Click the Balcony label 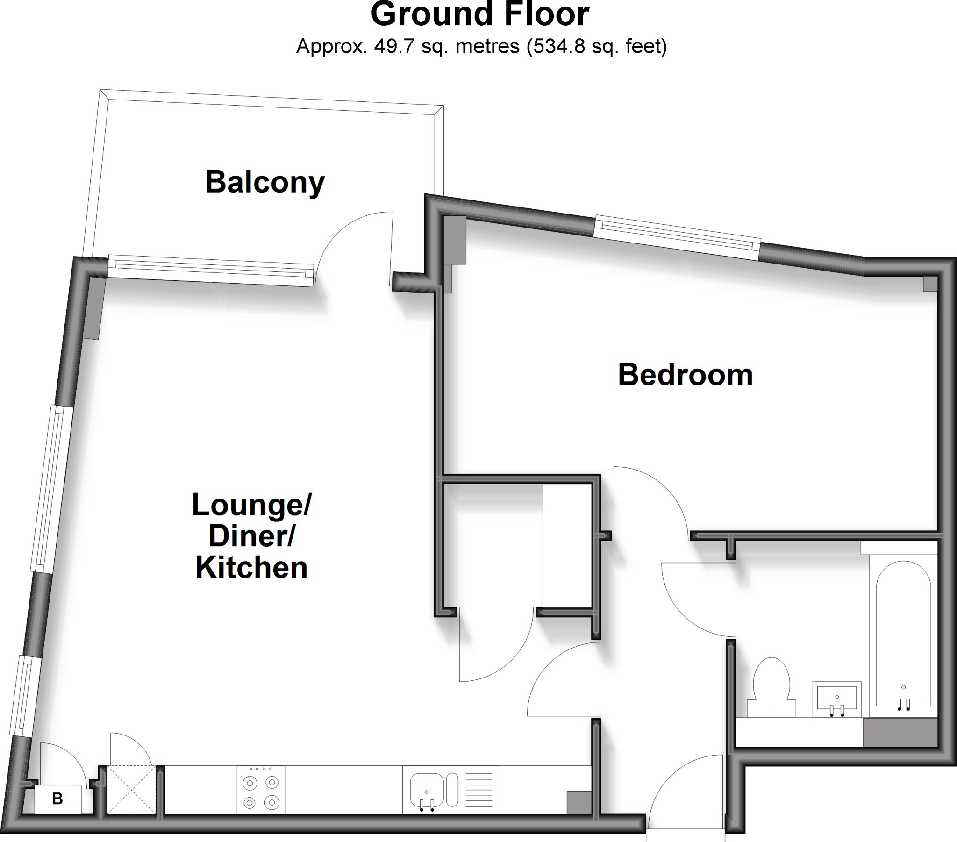[264, 183]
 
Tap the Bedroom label [685, 376]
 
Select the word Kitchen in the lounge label [251, 568]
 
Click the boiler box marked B [57, 799]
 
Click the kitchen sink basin [427, 790]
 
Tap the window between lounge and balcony [211, 271]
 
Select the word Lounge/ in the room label [251, 505]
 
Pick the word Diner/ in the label [251, 536]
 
